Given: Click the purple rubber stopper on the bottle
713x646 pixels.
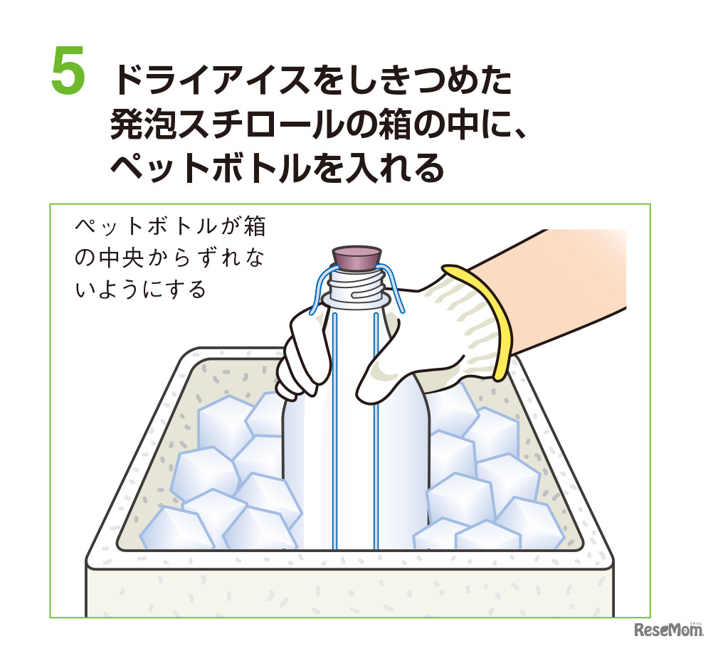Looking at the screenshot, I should click(x=355, y=260).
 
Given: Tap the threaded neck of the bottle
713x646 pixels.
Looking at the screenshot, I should click(x=356, y=288).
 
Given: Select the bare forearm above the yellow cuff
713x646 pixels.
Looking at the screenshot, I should click(x=569, y=285).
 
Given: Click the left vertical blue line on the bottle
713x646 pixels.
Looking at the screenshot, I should click(x=335, y=427).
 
